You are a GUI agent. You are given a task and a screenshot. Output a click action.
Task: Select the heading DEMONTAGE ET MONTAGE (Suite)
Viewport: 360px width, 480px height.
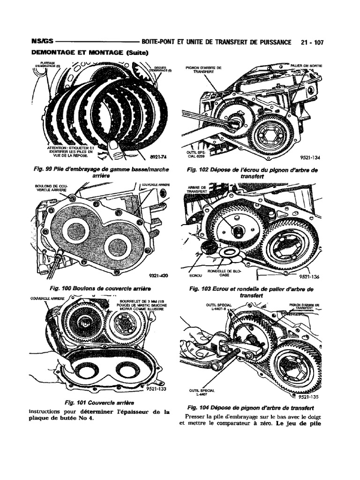89,52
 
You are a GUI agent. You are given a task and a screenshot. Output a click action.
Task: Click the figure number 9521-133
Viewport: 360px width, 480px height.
157,389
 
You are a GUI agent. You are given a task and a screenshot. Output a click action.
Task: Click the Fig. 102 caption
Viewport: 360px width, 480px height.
252,173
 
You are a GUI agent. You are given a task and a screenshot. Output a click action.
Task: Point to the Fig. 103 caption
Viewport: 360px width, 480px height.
252,292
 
